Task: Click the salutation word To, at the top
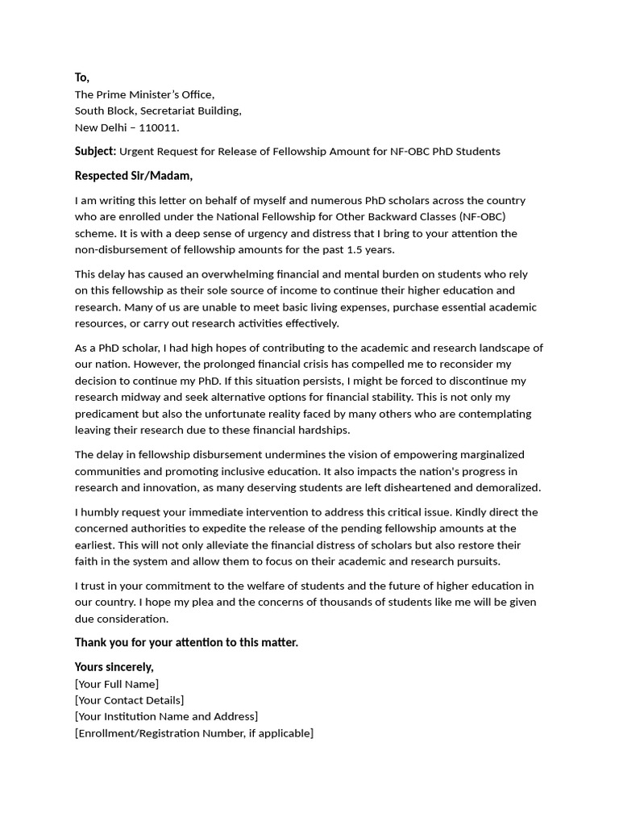pos(82,77)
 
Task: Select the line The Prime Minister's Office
pos(145,94)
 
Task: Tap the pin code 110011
pos(160,127)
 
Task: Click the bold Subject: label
pos(95,151)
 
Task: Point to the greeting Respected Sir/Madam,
pos(134,176)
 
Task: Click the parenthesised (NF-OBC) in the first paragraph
pos(482,217)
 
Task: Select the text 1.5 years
pos(370,250)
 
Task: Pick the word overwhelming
pos(243,274)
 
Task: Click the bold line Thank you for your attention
pos(186,643)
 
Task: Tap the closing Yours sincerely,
pos(114,667)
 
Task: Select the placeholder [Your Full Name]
pos(117,684)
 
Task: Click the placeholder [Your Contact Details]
pos(129,700)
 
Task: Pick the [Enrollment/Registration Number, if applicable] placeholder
pos(193,733)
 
